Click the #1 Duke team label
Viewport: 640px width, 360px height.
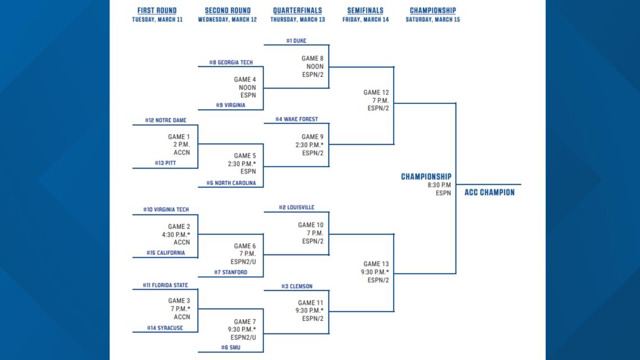tap(296, 41)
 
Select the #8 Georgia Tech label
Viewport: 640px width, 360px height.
tap(231, 62)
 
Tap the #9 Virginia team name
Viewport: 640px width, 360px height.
tap(231, 106)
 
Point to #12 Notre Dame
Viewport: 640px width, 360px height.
tap(165, 120)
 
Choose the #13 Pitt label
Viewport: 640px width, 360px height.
tap(165, 163)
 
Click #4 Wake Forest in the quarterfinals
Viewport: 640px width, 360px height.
tap(296, 119)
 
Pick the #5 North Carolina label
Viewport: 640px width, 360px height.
tap(231, 183)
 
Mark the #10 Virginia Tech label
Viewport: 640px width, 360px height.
tap(166, 210)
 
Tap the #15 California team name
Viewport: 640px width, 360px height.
tap(166, 253)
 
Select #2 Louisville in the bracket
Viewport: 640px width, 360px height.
tap(296, 208)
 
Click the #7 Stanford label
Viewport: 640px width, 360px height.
tap(231, 272)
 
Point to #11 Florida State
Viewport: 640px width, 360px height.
tap(165, 285)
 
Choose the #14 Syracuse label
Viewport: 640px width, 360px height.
tap(165, 328)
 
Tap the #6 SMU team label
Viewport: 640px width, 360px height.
tap(231, 348)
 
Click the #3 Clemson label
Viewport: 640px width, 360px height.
tap(297, 286)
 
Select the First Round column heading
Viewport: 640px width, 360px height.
tap(157, 11)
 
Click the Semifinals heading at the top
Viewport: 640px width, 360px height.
tap(365, 11)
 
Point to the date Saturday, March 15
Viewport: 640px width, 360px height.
tap(433, 20)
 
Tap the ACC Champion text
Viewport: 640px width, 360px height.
tap(490, 193)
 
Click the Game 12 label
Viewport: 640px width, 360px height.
tap(376, 93)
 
